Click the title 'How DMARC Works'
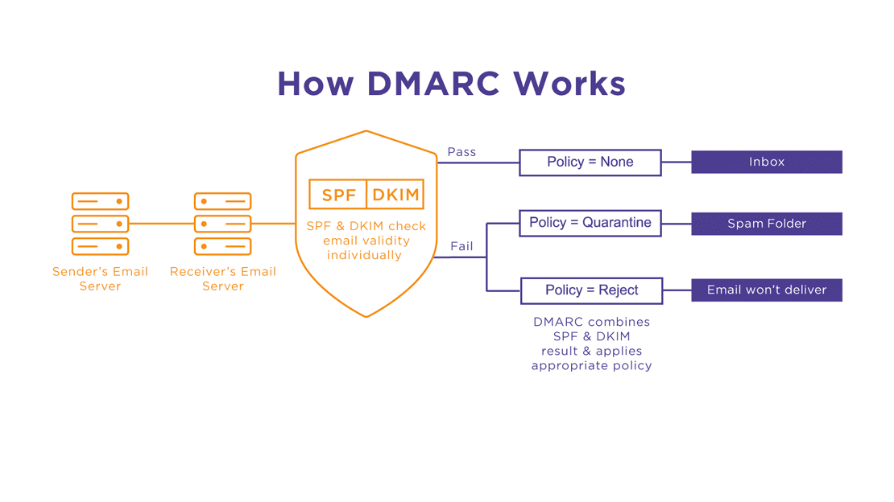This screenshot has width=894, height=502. [451, 84]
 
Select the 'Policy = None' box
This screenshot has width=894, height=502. [590, 162]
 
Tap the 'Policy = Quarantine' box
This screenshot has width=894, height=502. [590, 223]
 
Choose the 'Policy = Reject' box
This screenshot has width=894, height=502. [591, 290]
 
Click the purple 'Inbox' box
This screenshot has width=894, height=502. [766, 162]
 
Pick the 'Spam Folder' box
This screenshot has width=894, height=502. [766, 224]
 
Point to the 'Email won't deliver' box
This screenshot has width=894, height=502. [766, 290]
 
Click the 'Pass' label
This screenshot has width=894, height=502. [461, 151]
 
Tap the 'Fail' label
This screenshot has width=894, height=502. [461, 246]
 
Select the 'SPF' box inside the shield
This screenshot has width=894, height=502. [338, 195]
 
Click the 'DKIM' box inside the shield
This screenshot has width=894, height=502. [395, 195]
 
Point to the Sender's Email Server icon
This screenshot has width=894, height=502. [100, 224]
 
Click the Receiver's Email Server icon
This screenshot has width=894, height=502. [222, 224]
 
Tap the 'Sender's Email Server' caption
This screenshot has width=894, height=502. [100, 278]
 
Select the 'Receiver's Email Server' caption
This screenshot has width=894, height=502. [222, 278]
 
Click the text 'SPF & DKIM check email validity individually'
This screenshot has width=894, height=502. [366, 241]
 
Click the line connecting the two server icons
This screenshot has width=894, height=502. [161, 224]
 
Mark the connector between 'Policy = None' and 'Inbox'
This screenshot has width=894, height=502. [676, 162]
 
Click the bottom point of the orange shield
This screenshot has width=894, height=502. [366, 316]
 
